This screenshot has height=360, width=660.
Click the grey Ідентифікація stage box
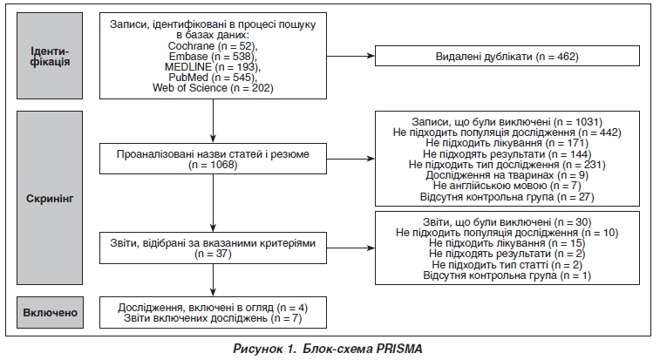50,56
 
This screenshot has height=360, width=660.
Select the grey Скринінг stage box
50,198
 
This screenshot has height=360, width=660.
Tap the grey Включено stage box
50,312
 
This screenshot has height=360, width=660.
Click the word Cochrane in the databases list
191,46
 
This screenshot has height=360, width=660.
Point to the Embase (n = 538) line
213,57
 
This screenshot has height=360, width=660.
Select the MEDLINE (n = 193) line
213,67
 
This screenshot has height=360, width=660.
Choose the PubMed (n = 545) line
213,78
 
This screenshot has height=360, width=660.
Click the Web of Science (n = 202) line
213,88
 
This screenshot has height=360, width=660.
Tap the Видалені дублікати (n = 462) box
507,56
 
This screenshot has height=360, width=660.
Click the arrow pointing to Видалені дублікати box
350,56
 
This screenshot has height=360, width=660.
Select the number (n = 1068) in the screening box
213,165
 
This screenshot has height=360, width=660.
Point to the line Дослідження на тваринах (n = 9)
507,175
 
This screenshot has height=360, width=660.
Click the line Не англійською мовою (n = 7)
507,186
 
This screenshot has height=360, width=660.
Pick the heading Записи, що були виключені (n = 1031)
507,122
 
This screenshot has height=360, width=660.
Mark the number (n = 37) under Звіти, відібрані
213,254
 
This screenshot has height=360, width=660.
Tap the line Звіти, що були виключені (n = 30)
507,222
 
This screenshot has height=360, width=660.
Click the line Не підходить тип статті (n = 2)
507,265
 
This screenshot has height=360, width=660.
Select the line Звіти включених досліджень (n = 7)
213,318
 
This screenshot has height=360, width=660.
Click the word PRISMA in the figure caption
399,349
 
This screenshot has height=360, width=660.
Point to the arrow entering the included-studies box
213,280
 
